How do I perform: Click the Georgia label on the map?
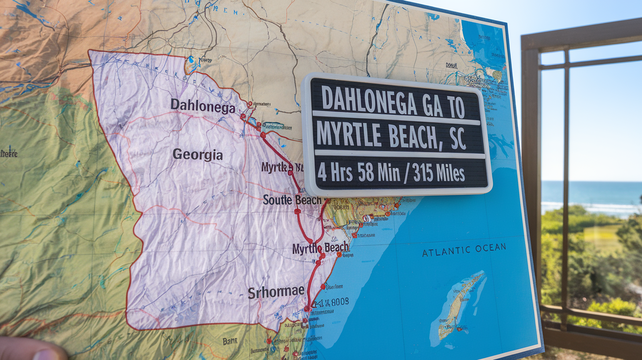(x=198, y=155)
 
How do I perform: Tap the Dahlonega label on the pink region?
(x=203, y=106)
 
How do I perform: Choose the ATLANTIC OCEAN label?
(x=464, y=249)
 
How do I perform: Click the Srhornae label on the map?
(x=276, y=292)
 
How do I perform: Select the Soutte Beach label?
(x=292, y=200)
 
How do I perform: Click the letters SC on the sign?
(x=458, y=140)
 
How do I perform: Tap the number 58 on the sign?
(x=365, y=173)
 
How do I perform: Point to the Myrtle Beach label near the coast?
(x=321, y=248)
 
